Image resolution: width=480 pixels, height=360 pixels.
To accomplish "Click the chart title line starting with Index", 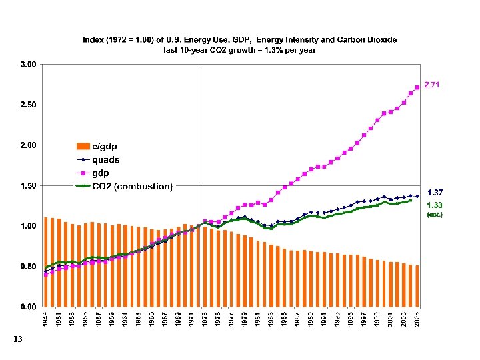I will pos(239,40).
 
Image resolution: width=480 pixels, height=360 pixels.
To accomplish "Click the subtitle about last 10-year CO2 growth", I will pos(239,49).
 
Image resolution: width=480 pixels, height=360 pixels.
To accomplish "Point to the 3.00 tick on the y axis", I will pos(28,65).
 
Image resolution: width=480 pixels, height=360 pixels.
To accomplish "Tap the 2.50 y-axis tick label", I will pos(28,105).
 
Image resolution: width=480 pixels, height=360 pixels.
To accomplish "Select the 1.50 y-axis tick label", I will pos(28,185).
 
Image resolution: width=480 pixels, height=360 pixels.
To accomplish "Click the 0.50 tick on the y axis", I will pos(28,266).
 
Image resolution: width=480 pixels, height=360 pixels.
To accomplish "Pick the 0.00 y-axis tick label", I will pos(28,307).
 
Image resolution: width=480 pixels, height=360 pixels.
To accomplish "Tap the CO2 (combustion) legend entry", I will pos(132,185).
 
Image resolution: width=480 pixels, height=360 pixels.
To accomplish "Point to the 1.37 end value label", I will pos(435,192).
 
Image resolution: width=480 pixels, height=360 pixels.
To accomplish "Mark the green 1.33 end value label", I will pos(435,205).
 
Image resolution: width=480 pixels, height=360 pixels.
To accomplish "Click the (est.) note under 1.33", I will pos(435,215).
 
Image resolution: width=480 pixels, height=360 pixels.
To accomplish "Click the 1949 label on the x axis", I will pos(46,319).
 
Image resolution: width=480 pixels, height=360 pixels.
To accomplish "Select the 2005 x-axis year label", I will pos(417,319).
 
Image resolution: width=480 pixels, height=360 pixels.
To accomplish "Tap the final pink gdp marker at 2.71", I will pos(417,87).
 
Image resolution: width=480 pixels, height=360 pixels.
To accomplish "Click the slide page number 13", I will pos(17,341).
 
